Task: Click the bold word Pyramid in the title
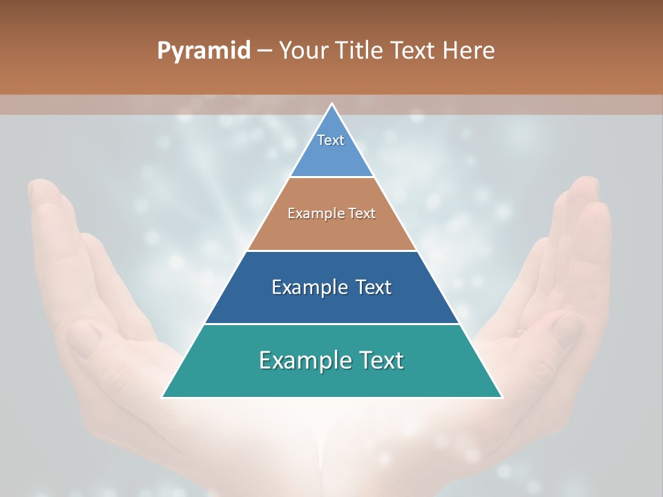204,51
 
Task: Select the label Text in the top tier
331,141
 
